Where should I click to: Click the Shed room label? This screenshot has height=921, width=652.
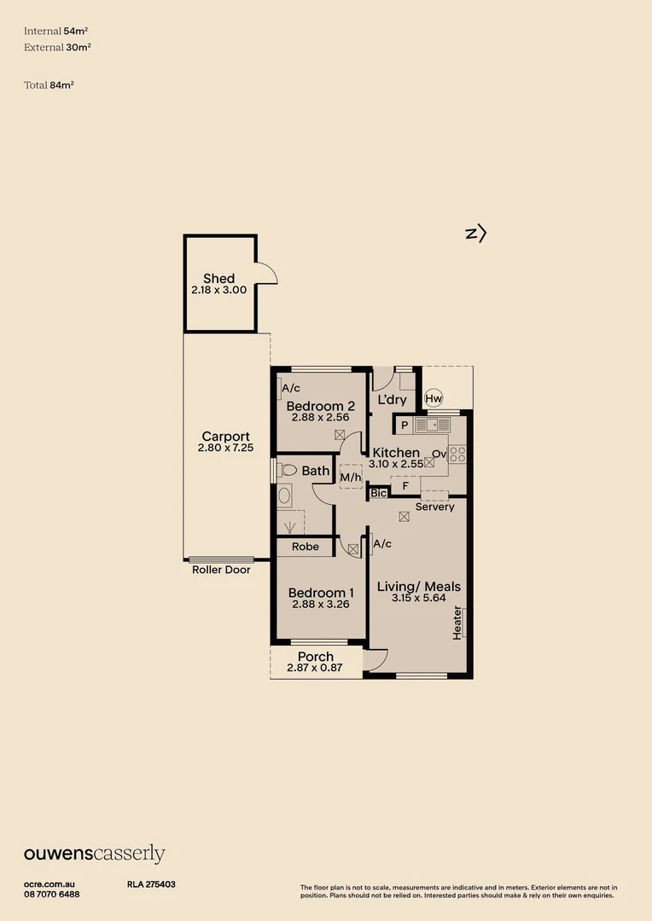218,279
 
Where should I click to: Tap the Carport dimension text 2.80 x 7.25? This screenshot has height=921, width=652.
225,448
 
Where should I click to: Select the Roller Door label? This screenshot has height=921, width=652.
221,570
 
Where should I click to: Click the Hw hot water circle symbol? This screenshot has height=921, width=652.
434,398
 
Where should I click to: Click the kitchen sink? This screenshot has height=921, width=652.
432,425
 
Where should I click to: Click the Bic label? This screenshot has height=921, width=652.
379,493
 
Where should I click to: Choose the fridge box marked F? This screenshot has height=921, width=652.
405,486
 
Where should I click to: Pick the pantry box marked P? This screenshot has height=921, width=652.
404,425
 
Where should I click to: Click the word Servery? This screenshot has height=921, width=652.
434,507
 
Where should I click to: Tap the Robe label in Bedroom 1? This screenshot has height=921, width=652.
305,547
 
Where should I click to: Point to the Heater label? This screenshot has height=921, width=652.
458,623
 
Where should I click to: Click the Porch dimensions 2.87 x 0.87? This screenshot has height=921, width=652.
315,669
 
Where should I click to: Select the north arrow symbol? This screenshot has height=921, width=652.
476,233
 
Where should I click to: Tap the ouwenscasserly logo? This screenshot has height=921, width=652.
94,854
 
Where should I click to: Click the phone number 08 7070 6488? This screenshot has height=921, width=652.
52,894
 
